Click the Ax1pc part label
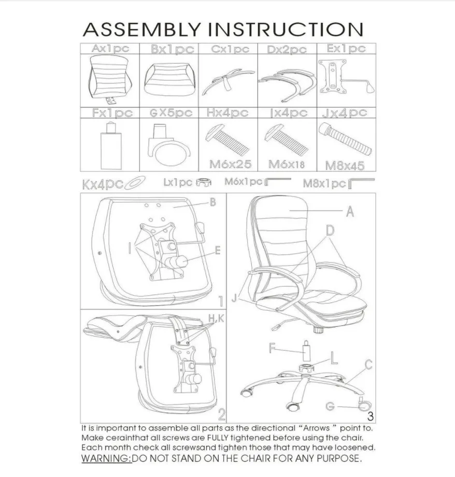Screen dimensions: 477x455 click(x=110, y=49)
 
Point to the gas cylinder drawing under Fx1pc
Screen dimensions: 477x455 click(x=110, y=141)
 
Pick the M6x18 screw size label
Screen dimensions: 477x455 click(x=286, y=165)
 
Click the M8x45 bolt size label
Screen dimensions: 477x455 click(x=345, y=166)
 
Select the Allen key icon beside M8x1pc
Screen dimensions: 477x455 click(x=362, y=183)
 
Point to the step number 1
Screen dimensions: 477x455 click(x=221, y=301)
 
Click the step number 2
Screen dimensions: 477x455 click(x=221, y=414)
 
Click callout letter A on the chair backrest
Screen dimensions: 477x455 click(x=349, y=211)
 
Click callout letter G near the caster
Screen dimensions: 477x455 click(x=330, y=407)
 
